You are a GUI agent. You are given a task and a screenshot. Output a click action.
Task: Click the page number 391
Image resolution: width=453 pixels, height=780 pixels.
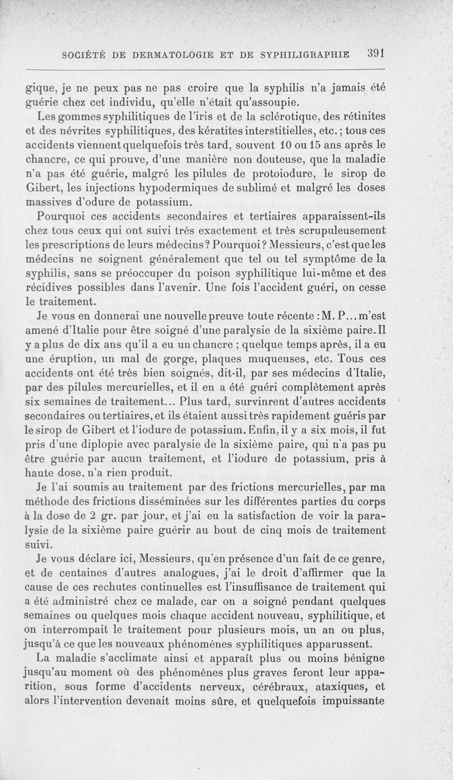pos(375,53)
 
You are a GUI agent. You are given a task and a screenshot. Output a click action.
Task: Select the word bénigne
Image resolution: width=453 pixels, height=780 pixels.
pos(363,658)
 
